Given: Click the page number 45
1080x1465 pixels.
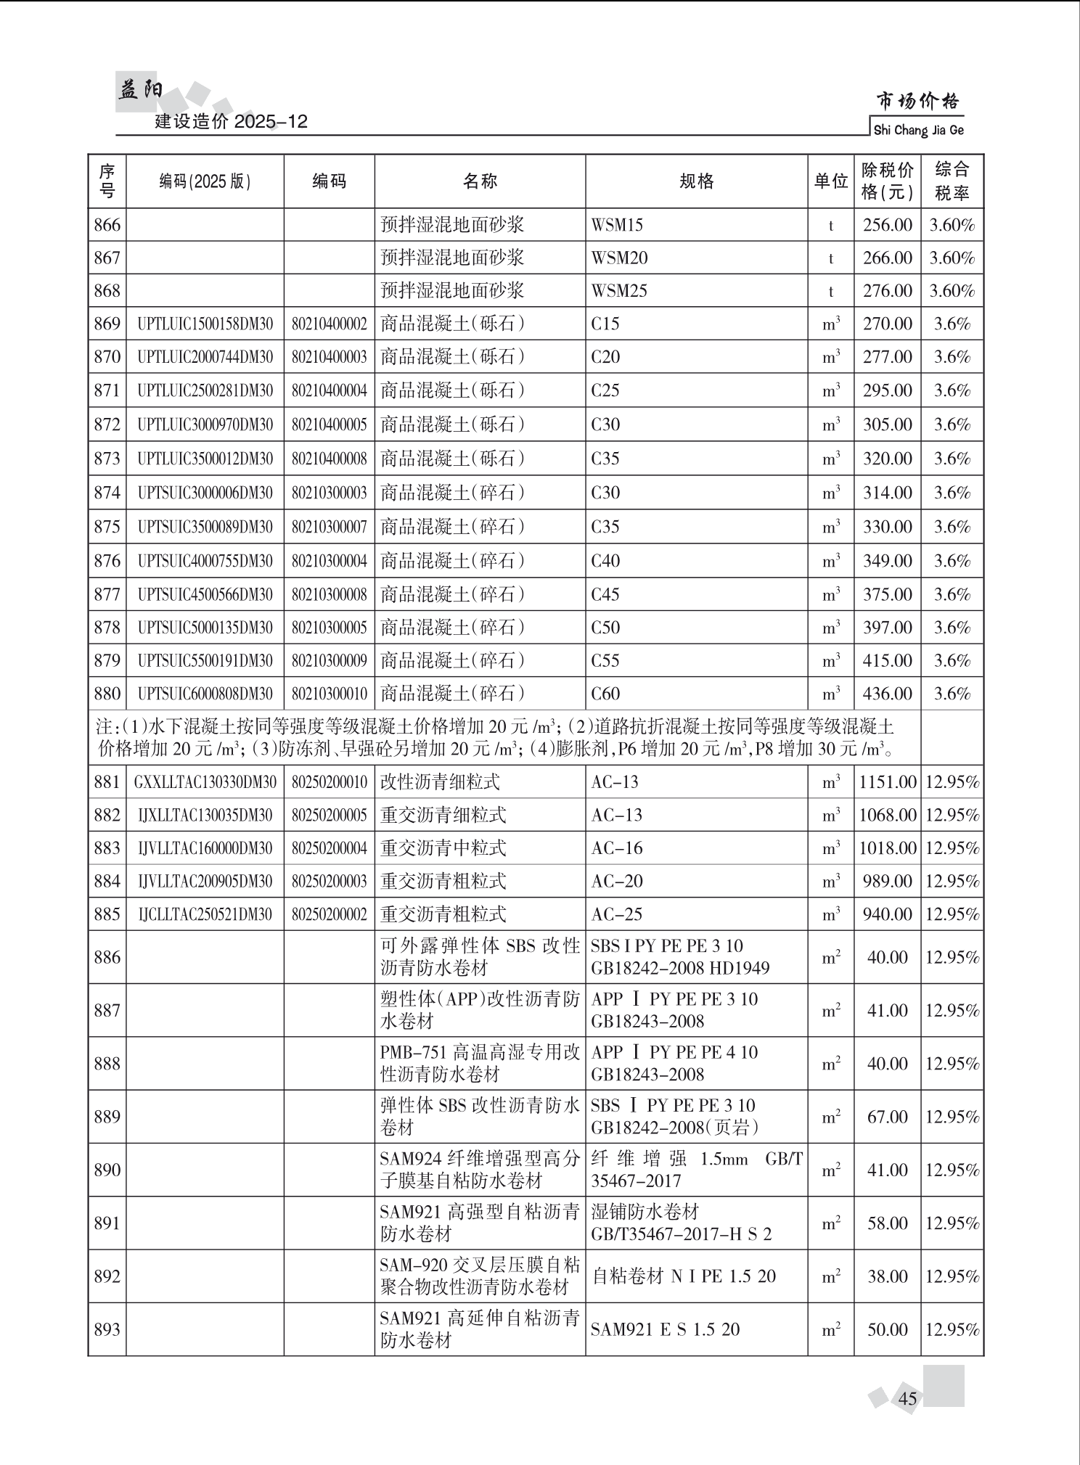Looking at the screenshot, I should click(908, 1398).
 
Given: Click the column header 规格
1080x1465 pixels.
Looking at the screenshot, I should click(697, 181).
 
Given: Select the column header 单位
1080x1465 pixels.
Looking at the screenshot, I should click(831, 181).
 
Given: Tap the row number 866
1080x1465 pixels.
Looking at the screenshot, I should click(107, 225).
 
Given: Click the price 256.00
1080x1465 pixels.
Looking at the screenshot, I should click(887, 225).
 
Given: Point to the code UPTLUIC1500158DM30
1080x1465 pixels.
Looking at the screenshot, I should click(205, 324).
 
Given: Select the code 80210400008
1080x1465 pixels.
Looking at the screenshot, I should click(330, 459).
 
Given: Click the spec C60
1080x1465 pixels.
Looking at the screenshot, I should click(605, 694).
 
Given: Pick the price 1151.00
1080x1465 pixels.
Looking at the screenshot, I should click(888, 782).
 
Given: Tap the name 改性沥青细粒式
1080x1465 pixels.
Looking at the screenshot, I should click(440, 782).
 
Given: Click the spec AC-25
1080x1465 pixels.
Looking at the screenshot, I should click(617, 914).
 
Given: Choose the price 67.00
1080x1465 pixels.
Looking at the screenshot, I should click(887, 1117).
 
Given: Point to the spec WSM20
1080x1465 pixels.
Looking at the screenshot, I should click(619, 258).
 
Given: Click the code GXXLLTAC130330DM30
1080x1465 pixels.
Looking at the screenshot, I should click(205, 782).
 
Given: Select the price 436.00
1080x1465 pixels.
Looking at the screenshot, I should click(887, 694).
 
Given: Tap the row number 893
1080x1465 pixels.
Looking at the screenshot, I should click(107, 1329).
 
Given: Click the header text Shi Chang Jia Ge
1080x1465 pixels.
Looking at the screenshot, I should click(918, 131).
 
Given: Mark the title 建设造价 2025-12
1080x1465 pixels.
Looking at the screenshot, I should click(232, 121).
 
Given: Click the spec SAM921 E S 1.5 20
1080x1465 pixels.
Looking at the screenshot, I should click(665, 1329).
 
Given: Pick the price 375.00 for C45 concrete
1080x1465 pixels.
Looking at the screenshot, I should click(887, 595).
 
